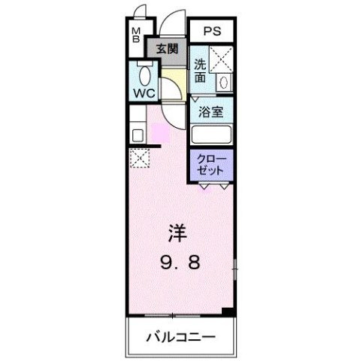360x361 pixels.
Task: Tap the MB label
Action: (137, 35)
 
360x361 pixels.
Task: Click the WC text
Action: (144, 93)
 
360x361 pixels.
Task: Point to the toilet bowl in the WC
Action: (146, 76)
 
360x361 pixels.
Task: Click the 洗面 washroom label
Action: (200, 71)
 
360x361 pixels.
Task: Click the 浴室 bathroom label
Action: (210, 111)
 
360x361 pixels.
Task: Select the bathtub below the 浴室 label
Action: (212, 135)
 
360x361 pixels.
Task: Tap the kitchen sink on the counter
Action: (138, 135)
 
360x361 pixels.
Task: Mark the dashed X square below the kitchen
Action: (138, 159)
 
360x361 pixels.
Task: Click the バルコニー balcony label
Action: (180, 336)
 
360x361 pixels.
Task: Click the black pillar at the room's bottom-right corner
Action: (230, 310)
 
